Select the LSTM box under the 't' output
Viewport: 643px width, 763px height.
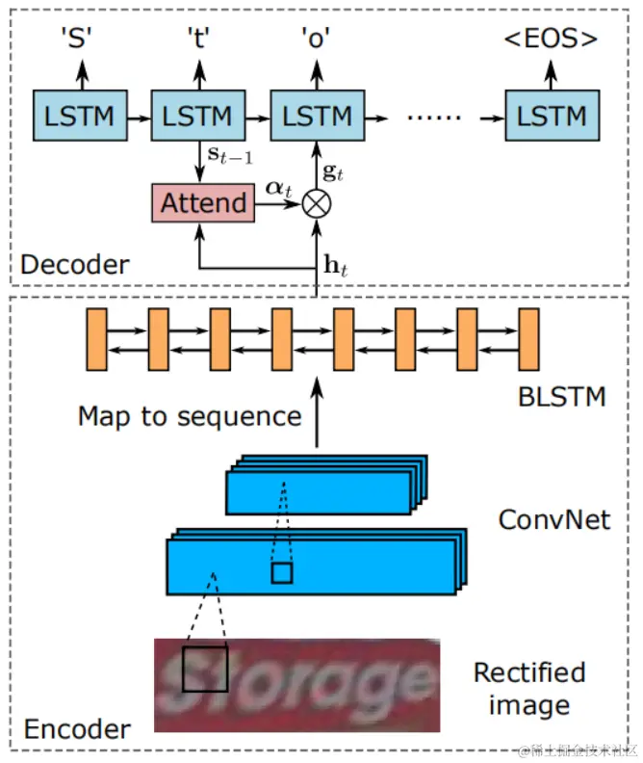click(x=198, y=117)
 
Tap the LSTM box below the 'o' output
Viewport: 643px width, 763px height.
click(x=317, y=117)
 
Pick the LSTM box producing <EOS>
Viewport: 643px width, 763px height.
click(x=552, y=117)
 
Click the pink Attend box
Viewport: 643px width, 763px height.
click(x=202, y=202)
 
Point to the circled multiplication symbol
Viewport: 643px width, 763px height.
click(x=316, y=202)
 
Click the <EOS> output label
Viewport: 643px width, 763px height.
click(x=552, y=39)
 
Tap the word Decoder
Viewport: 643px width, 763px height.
click(x=74, y=264)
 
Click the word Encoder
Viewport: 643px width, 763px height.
click(x=75, y=727)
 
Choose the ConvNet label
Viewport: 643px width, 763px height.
click(x=554, y=519)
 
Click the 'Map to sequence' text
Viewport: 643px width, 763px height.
click(x=190, y=416)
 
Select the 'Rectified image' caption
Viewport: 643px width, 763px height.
click(x=529, y=688)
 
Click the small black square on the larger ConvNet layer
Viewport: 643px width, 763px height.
click(x=281, y=574)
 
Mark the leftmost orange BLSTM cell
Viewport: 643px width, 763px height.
click(x=96, y=340)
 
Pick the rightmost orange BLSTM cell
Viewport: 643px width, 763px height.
click(x=528, y=340)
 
